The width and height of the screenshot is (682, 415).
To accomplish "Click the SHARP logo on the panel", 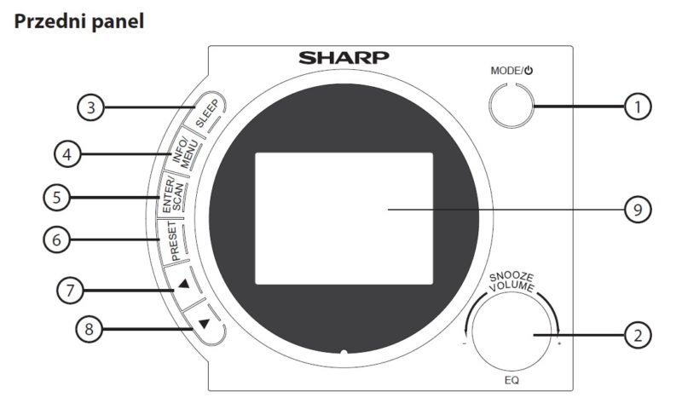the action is click(x=344, y=58).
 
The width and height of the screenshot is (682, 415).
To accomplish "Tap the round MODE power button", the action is click(x=511, y=106).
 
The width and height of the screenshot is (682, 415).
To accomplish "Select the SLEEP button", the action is click(x=206, y=112).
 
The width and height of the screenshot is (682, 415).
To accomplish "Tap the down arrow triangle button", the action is click(x=204, y=323).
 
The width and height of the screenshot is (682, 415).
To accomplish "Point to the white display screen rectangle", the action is click(x=344, y=219).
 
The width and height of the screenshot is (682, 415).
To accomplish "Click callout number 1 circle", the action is click(x=638, y=107).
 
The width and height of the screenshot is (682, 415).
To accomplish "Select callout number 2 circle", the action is click(x=638, y=336).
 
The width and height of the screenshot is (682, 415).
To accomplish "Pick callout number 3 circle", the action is click(x=91, y=107).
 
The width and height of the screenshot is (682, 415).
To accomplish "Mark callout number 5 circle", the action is click(x=56, y=198).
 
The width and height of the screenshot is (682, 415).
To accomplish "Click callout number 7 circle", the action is click(x=71, y=291).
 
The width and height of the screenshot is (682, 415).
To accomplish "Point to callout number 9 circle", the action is click(x=638, y=210).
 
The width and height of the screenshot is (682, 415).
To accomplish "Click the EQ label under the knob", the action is click(x=511, y=381).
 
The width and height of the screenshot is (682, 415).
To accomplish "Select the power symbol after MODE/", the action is click(x=529, y=71).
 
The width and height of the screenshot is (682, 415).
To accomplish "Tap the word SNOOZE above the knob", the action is click(x=511, y=277).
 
